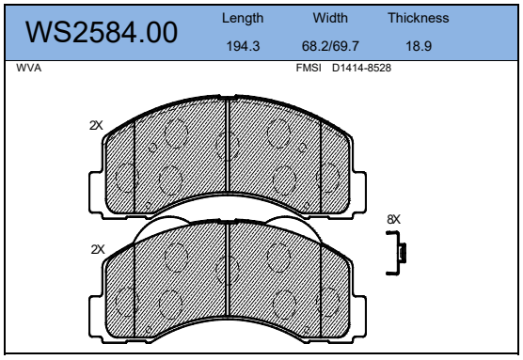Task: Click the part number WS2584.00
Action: [102, 32]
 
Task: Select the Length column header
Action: [243, 19]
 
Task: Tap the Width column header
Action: [330, 18]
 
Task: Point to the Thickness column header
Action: [419, 18]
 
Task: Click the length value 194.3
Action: [243, 46]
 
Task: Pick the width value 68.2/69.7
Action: [330, 46]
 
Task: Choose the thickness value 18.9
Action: [419, 46]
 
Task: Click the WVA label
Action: [28, 68]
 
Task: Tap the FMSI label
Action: [309, 68]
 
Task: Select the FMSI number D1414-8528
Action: [361, 68]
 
